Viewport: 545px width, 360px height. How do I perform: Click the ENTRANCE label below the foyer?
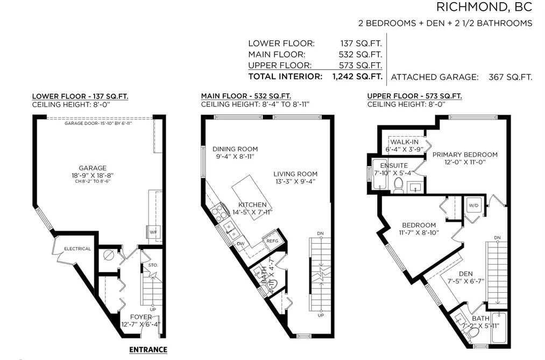pyautogui.click(x=148, y=350)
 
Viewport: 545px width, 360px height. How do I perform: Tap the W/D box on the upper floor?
pyautogui.click(x=473, y=206)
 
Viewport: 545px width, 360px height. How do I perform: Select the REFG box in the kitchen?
pyautogui.click(x=272, y=241)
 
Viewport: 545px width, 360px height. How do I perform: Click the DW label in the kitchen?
pyautogui.click(x=240, y=244)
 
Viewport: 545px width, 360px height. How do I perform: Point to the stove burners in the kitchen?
pyautogui.click(x=217, y=213)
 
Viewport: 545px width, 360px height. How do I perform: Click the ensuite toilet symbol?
pyautogui.click(x=398, y=185)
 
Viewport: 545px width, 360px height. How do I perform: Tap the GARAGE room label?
pyautogui.click(x=93, y=168)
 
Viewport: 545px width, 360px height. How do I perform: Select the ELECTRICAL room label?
pyautogui.click(x=77, y=249)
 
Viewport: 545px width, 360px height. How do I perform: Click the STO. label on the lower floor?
pyautogui.click(x=153, y=265)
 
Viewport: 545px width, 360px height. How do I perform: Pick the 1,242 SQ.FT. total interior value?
pyautogui.click(x=357, y=76)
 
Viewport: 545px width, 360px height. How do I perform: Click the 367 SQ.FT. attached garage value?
pyautogui.click(x=510, y=77)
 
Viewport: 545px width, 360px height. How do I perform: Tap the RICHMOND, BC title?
pyautogui.click(x=484, y=7)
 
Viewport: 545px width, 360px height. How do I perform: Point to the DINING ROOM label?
pyautogui.click(x=235, y=149)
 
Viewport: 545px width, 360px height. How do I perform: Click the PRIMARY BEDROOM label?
pyautogui.click(x=465, y=154)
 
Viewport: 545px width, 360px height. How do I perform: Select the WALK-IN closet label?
pyautogui.click(x=405, y=142)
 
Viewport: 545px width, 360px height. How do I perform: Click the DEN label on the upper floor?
pyautogui.click(x=466, y=274)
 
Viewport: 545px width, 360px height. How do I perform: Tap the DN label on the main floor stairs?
pyautogui.click(x=320, y=234)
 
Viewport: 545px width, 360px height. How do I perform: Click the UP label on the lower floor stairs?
pyautogui.click(x=153, y=309)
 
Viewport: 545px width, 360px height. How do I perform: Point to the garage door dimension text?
pyautogui.click(x=98, y=123)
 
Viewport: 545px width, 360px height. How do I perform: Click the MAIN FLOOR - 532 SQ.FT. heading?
pyautogui.click(x=246, y=96)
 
